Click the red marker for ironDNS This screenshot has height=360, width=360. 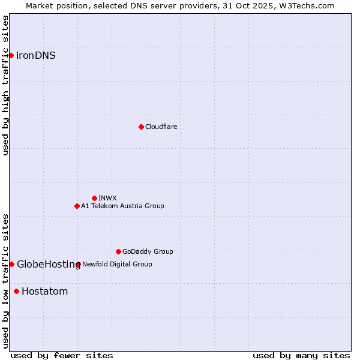(x=11, y=56)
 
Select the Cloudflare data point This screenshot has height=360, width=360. (x=141, y=127)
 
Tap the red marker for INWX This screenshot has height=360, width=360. (x=94, y=198)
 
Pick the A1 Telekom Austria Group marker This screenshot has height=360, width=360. (x=77, y=206)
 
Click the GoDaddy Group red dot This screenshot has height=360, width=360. (x=118, y=251)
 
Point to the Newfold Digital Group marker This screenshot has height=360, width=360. (x=78, y=264)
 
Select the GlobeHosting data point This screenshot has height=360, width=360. (x=11, y=264)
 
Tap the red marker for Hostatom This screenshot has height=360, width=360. (x=16, y=292)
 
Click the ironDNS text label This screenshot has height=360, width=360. (x=36, y=56)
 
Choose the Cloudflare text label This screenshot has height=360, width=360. (x=161, y=127)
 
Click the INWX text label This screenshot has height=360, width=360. (x=107, y=198)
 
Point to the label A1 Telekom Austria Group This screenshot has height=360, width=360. (x=122, y=206)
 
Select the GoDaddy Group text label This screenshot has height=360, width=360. (x=148, y=251)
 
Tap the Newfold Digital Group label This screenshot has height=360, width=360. (x=117, y=264)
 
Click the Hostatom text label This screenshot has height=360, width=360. (x=44, y=292)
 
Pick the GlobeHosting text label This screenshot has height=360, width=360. (x=48, y=264)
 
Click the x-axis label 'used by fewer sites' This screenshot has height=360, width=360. (x=62, y=355)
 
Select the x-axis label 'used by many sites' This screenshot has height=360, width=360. (x=301, y=355)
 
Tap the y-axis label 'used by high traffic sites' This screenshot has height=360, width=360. (x=6, y=85)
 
